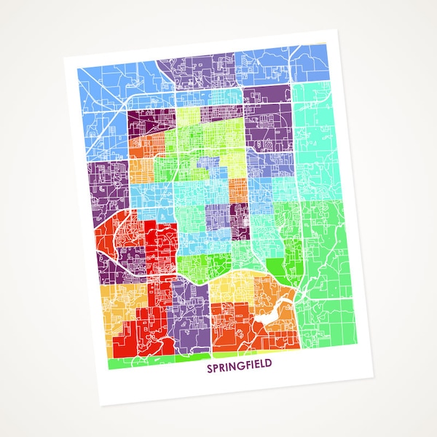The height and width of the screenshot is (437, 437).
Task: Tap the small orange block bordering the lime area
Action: (237, 189)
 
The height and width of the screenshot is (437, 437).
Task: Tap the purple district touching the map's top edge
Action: (197, 69)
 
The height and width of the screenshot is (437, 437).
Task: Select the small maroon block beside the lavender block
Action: (238, 216)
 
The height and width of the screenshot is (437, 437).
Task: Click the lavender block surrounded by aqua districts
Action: (218, 219)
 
